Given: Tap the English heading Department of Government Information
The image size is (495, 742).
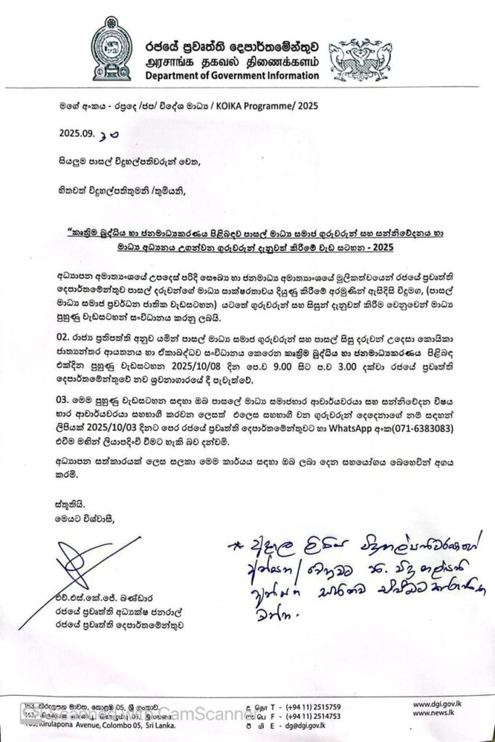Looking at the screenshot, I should [231, 75].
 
